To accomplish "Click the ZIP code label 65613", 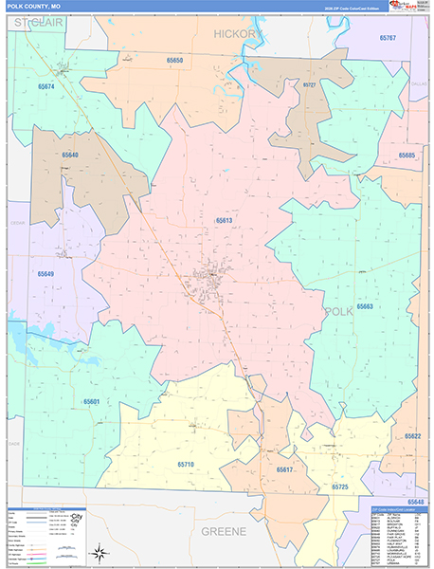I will point(224,220).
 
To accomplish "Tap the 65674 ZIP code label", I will point(46,86).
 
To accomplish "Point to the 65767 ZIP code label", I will point(387,38).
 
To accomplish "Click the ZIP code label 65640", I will point(70,155).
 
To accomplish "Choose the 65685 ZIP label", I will point(407,155).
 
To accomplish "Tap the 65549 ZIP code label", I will point(46,274).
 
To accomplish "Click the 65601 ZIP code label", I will point(91,401).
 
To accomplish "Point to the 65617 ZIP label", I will point(284,469).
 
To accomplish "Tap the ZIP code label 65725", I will point(339,486).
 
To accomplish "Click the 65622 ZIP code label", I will point(412,435).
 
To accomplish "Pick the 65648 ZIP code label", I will point(415,501).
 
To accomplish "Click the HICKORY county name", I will point(235,33).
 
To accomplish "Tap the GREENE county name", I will point(224,531).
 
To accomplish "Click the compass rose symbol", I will point(98,552).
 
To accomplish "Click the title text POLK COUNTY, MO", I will point(41,7).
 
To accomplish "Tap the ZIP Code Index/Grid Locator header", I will point(396,511).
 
